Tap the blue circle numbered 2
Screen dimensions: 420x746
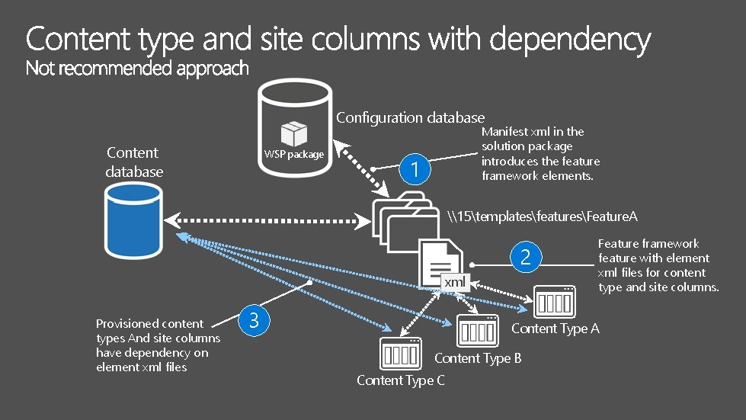click(x=525, y=257)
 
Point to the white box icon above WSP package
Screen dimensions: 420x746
click(x=293, y=133)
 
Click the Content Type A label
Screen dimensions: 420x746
click(x=555, y=329)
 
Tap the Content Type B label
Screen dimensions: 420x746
click(x=478, y=357)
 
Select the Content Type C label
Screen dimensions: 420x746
click(x=401, y=380)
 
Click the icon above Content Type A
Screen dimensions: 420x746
click(x=554, y=302)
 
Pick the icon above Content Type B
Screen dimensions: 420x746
click(x=478, y=331)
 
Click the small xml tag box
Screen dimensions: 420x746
click(x=455, y=282)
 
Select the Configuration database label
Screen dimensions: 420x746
click(x=410, y=117)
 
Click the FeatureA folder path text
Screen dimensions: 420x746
click(x=543, y=216)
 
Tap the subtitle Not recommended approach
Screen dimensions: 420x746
click(x=137, y=69)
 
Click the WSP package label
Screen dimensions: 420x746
click(x=294, y=155)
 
